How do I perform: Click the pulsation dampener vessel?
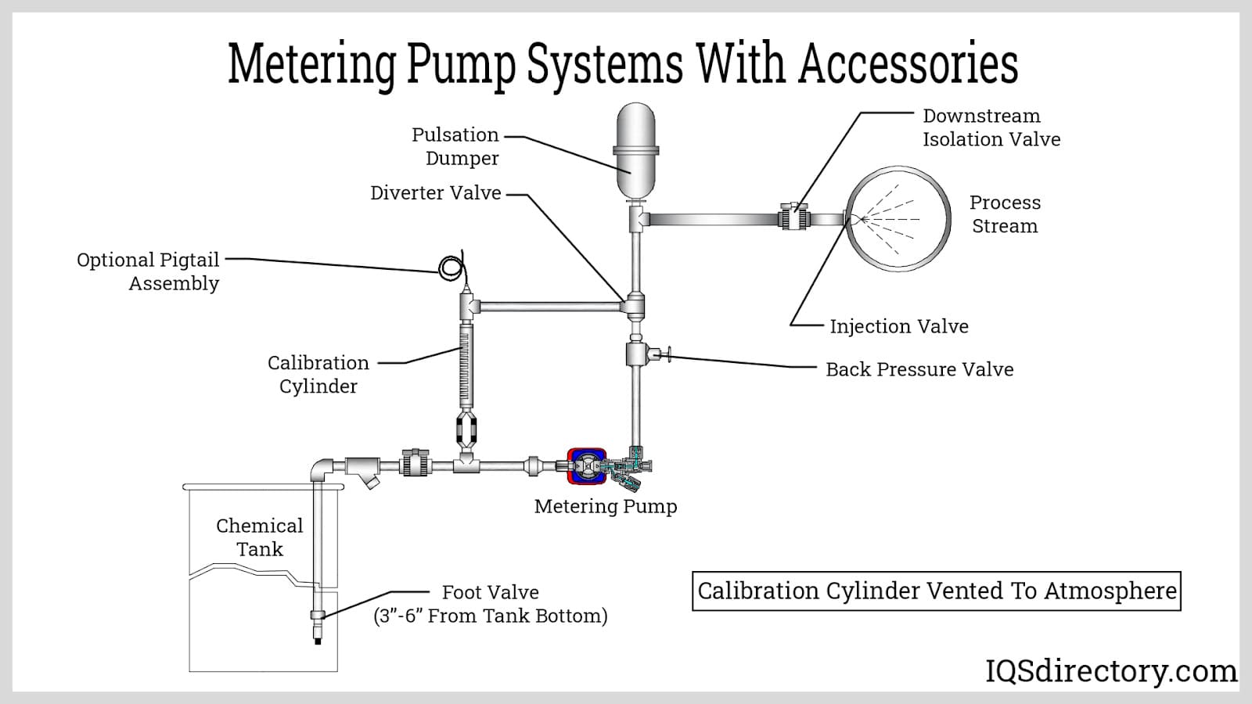pyautogui.click(x=635, y=149)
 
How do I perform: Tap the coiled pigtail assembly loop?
pyautogui.click(x=451, y=268)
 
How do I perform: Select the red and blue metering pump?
pyautogui.click(x=586, y=466)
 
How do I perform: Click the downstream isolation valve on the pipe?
pyautogui.click(x=793, y=217)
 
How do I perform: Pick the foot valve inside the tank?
pyautogui.click(x=318, y=616)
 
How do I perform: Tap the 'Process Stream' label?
pyautogui.click(x=1005, y=214)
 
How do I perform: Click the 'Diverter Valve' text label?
pyautogui.click(x=435, y=193)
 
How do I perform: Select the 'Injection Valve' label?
pyautogui.click(x=898, y=326)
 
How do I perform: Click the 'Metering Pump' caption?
pyautogui.click(x=606, y=506)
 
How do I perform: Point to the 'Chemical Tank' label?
pyautogui.click(x=259, y=537)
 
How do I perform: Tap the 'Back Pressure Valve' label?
pyautogui.click(x=919, y=369)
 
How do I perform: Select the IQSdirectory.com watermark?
pyautogui.click(x=1110, y=671)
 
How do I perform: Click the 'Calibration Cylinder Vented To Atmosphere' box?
pyautogui.click(x=937, y=591)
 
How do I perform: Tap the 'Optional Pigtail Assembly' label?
pyautogui.click(x=149, y=271)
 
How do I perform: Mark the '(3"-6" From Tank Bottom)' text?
pyautogui.click(x=491, y=616)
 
